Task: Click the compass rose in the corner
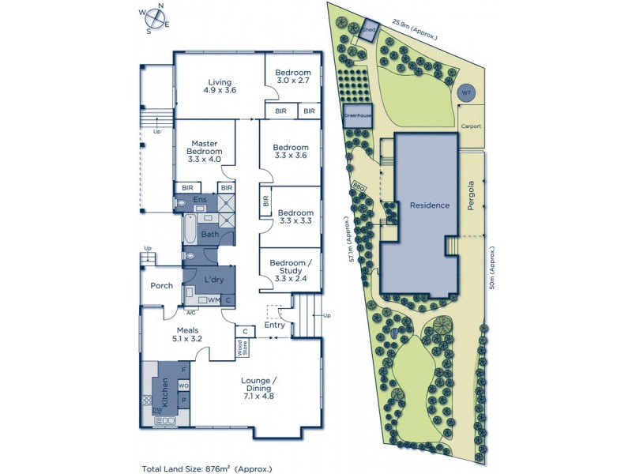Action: click(x=155, y=19)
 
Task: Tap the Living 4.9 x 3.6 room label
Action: click(x=219, y=86)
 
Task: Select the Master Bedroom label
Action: click(x=204, y=151)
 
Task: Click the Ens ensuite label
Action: click(x=201, y=201)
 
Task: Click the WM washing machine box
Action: click(x=214, y=300)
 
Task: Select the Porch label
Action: click(x=162, y=286)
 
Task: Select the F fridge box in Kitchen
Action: click(x=183, y=370)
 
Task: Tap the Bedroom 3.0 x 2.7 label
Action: click(x=293, y=77)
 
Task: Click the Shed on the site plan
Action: click(x=369, y=32)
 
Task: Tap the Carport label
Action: click(x=472, y=126)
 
